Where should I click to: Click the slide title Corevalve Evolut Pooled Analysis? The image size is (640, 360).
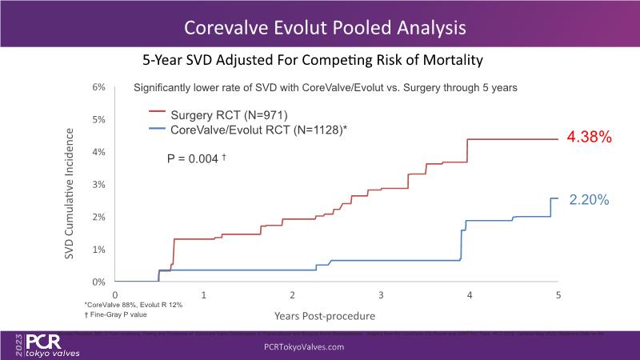click(x=324, y=28)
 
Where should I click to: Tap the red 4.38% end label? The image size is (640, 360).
click(x=590, y=138)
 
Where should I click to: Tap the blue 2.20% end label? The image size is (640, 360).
click(x=590, y=201)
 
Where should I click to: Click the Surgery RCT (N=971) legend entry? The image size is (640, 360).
click(x=218, y=114)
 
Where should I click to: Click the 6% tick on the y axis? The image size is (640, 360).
click(x=99, y=86)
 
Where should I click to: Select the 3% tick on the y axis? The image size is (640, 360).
click(x=99, y=185)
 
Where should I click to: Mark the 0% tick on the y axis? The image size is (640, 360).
click(x=99, y=282)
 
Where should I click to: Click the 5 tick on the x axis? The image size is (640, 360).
click(x=558, y=295)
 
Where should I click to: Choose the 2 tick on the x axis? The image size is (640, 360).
click(x=293, y=295)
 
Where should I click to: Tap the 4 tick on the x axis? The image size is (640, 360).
click(x=470, y=295)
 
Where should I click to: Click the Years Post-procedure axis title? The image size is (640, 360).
click(x=324, y=316)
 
